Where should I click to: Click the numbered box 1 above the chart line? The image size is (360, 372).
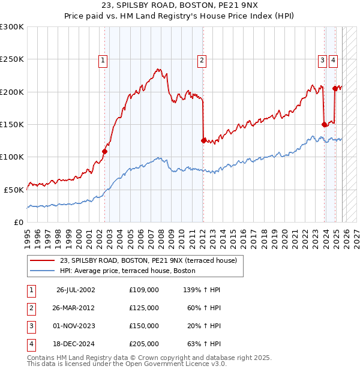click(x=103, y=60)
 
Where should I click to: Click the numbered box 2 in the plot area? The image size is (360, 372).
click(x=202, y=60)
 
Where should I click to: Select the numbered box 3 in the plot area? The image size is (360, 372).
click(x=322, y=60)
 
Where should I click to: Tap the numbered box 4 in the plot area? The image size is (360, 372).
click(x=333, y=60)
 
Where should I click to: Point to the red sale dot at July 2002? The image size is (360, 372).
click(x=104, y=152)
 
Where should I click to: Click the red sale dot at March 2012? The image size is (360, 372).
click(x=203, y=140)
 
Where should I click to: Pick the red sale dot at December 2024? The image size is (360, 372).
click(x=334, y=89)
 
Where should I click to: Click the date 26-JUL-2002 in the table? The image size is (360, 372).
click(x=76, y=290)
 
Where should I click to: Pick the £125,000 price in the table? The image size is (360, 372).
click(x=144, y=308)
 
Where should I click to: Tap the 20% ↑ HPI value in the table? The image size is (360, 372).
click(x=203, y=326)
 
